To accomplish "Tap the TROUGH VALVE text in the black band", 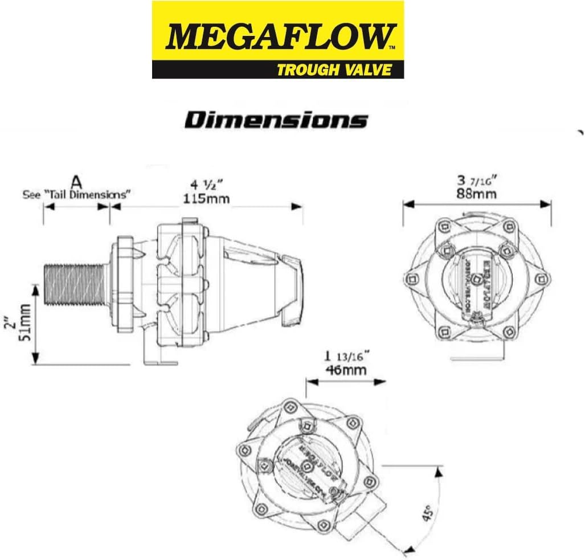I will point(334,70).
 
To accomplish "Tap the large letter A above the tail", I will point(76,182).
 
